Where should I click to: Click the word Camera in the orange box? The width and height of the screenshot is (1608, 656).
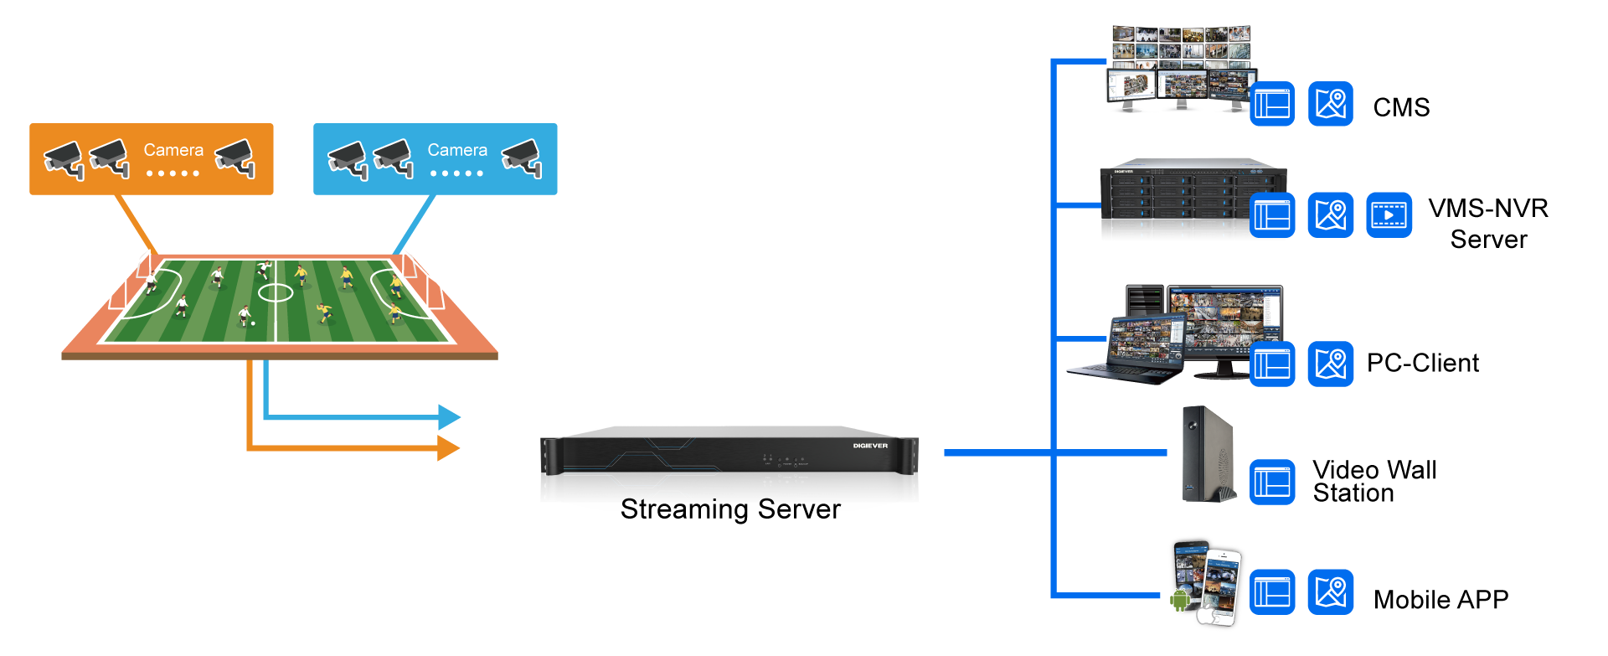coord(173,150)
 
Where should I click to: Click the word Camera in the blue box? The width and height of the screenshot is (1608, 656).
coord(457,150)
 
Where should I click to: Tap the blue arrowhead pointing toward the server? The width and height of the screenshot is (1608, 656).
coord(450,416)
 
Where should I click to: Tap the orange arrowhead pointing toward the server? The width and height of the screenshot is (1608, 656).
coord(450,448)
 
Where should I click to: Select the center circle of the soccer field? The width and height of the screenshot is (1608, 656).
coord(276,292)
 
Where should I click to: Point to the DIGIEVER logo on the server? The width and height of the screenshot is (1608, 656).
coord(870,446)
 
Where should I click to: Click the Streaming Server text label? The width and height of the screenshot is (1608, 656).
coord(731,505)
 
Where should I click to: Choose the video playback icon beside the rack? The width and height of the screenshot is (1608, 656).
coord(1389,215)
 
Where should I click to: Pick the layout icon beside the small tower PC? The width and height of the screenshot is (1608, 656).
coord(1272,483)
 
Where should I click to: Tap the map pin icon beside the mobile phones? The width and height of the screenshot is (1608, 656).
coord(1330,592)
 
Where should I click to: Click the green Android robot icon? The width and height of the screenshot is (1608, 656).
coord(1180,600)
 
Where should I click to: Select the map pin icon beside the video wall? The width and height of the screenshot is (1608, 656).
coord(1330,104)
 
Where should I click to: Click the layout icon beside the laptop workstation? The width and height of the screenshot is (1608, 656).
coord(1272,364)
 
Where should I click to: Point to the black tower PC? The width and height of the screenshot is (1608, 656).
coord(1207,454)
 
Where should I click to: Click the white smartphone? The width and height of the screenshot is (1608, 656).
coord(1222,586)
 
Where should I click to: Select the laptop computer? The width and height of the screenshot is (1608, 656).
coord(1126,352)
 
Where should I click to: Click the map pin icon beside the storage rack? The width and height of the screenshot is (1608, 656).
coord(1330,215)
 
